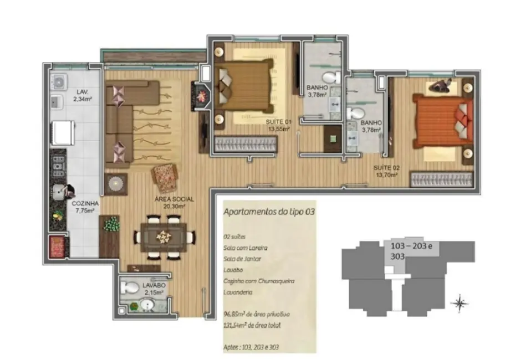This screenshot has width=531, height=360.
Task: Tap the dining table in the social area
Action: [164, 237]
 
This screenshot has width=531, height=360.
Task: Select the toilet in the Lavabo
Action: [131, 288]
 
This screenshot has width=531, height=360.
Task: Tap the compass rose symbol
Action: [459, 302]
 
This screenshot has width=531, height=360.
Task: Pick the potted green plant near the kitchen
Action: [113, 225]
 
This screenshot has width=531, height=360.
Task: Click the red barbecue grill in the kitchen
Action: [57, 245]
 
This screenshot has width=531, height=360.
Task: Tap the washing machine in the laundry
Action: [58, 82]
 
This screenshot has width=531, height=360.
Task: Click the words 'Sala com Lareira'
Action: [241, 247]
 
